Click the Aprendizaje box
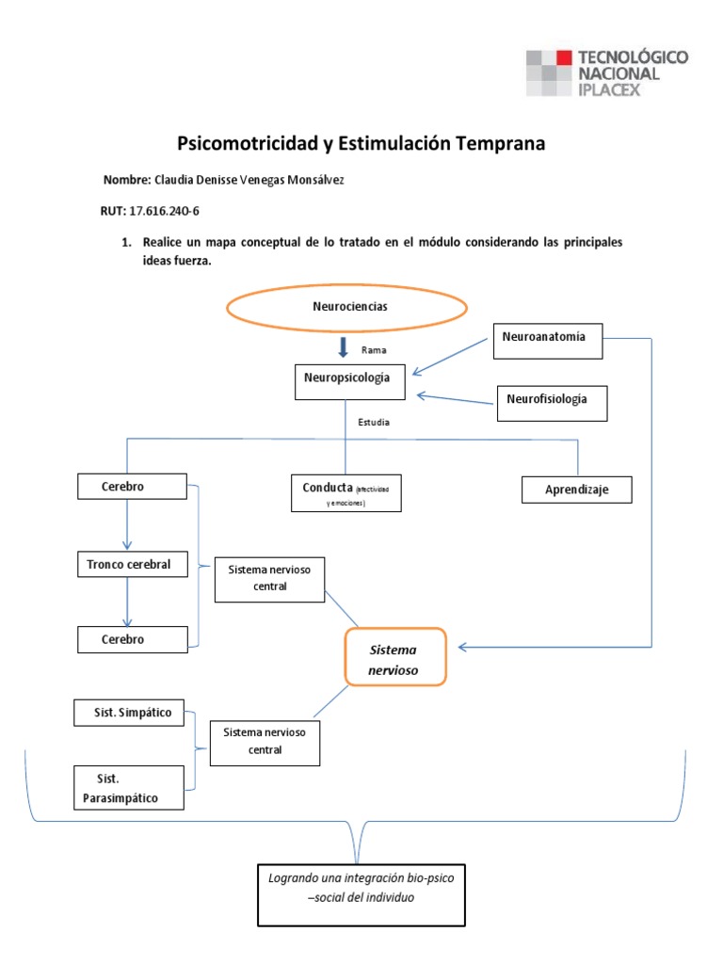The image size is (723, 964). pos(576,490)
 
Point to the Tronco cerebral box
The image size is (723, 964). pos(131,565)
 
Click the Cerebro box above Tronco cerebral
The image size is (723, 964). pos(131,487)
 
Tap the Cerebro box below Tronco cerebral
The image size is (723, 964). pos(131,640)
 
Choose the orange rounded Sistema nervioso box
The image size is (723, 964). pos(394,657)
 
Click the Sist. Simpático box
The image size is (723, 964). pos(130,714)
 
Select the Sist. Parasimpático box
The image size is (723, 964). pos(130,789)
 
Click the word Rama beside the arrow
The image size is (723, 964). pos(374,350)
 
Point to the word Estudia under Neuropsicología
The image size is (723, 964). pos(374,423)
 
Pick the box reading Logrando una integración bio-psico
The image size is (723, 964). pos(361,892)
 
